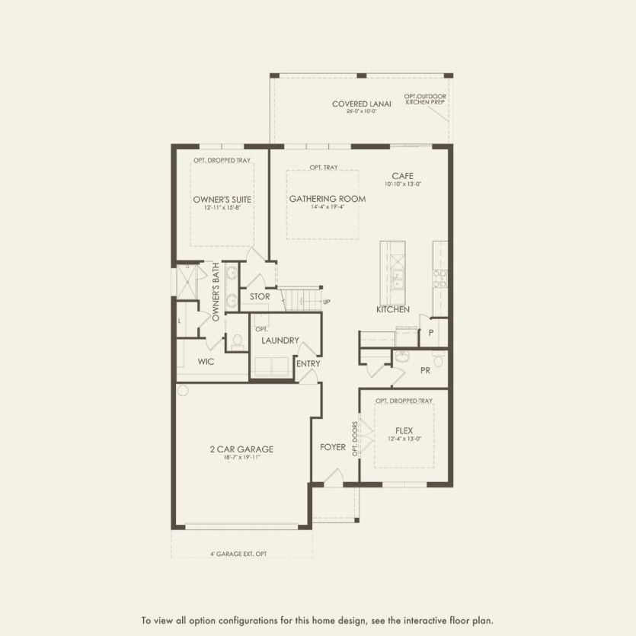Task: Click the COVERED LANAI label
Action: pyautogui.click(x=361, y=104)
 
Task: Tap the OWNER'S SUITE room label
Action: pyautogui.click(x=222, y=200)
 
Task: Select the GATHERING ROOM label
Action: pyautogui.click(x=328, y=199)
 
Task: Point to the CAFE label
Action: pyautogui.click(x=403, y=175)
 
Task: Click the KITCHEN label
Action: pyautogui.click(x=393, y=310)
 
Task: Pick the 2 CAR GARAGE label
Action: pyautogui.click(x=241, y=449)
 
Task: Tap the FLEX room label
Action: pyautogui.click(x=404, y=430)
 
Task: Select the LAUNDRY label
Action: pyautogui.click(x=280, y=340)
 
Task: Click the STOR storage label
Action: pyautogui.click(x=260, y=296)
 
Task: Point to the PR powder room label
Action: pyautogui.click(x=426, y=370)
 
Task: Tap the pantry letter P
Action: pyautogui.click(x=430, y=333)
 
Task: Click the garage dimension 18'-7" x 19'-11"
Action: pyautogui.click(x=241, y=459)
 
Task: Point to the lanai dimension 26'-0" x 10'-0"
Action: pyautogui.click(x=361, y=112)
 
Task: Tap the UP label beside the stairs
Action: pyautogui.click(x=327, y=302)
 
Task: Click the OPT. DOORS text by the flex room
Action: pyautogui.click(x=355, y=437)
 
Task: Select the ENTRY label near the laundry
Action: pyautogui.click(x=308, y=364)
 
